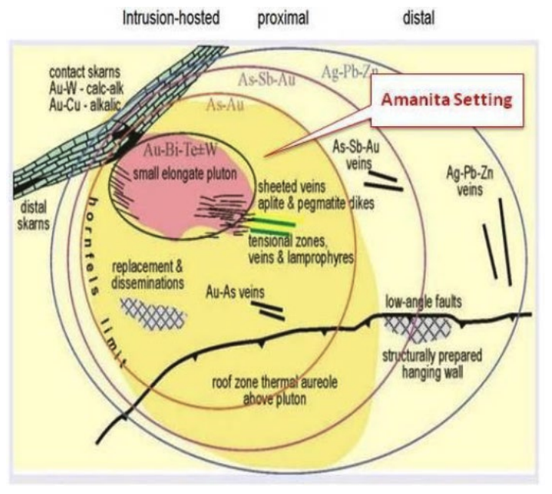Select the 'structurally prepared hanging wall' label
click(x=432, y=363)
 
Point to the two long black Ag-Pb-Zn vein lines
click(x=497, y=240)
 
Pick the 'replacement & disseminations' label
click(x=147, y=276)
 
